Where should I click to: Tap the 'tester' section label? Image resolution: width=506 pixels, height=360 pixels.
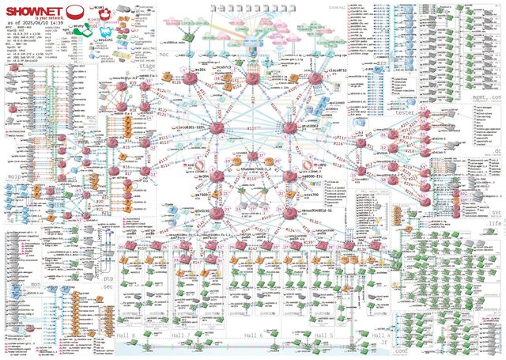click(404, 113)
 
